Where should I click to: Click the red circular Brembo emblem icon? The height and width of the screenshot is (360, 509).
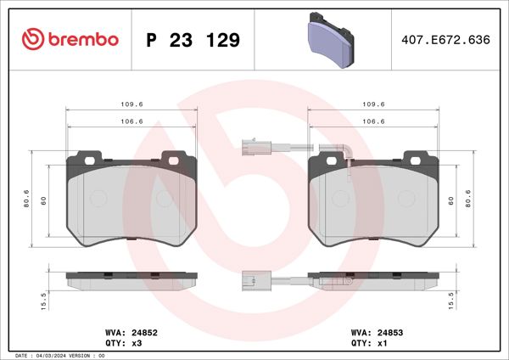pos(31,39)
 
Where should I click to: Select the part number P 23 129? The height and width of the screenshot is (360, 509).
pos(193,40)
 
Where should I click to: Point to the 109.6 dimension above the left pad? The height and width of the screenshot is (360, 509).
pos(131,104)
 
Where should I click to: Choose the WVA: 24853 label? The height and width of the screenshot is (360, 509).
pos(370,334)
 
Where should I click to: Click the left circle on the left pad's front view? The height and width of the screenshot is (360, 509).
pos(98,198)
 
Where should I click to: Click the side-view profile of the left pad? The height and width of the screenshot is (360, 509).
pos(131,278)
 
